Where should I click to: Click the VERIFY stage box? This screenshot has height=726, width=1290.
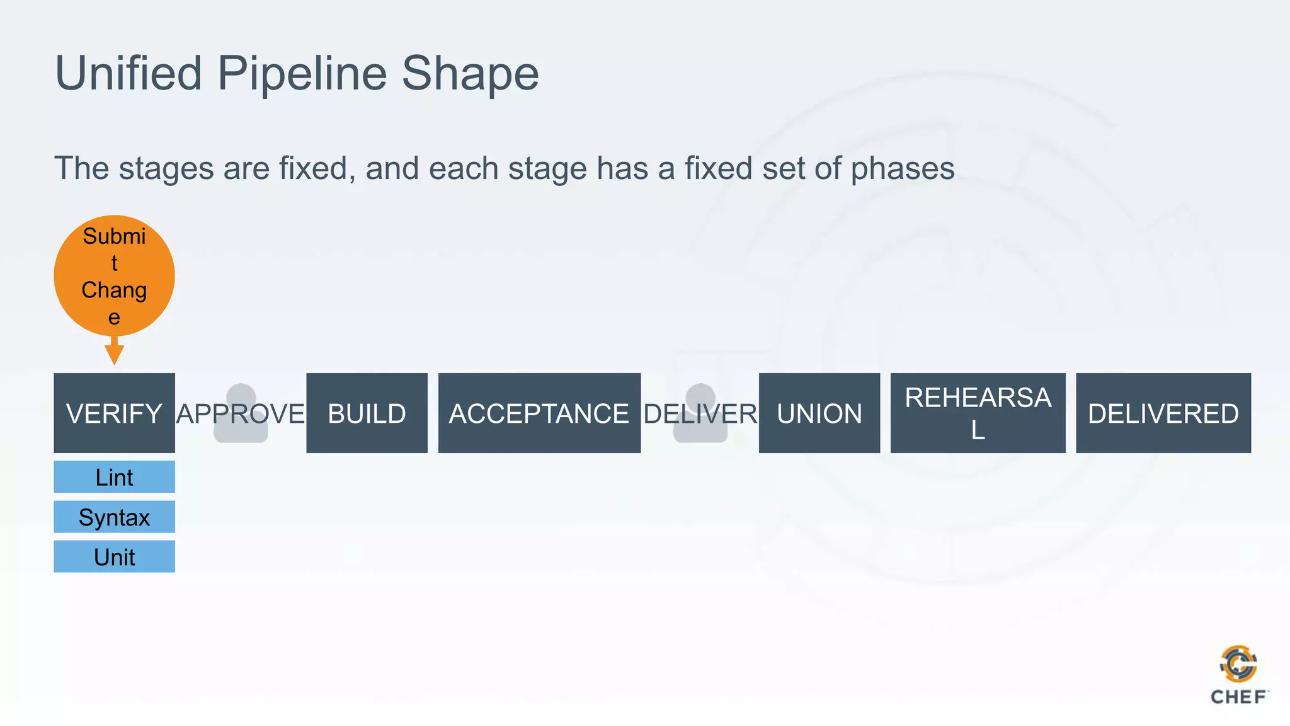click(x=114, y=413)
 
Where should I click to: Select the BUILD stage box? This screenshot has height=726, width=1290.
click(x=367, y=413)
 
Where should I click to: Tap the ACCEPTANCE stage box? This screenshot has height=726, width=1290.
click(x=539, y=413)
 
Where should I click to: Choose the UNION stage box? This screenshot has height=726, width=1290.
click(x=819, y=413)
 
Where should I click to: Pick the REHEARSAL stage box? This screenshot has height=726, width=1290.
click(x=978, y=413)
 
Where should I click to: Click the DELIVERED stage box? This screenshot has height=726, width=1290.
click(x=1163, y=413)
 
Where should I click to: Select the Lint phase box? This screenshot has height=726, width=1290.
click(x=114, y=477)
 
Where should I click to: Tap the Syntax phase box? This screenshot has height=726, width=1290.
click(x=114, y=517)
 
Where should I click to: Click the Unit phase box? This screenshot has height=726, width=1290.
click(x=114, y=556)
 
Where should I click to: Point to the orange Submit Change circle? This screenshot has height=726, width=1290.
click(x=114, y=275)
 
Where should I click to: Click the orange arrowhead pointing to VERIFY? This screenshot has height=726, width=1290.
click(x=114, y=354)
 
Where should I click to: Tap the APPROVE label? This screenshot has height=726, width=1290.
click(x=241, y=414)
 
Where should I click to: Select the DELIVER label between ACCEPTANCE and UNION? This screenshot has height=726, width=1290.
click(x=700, y=414)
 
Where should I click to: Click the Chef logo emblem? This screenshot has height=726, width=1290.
click(x=1238, y=664)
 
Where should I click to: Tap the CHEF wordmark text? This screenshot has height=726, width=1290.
click(x=1238, y=697)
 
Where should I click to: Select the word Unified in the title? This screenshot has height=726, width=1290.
click(x=128, y=74)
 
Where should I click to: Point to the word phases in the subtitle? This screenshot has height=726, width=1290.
click(x=902, y=168)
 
